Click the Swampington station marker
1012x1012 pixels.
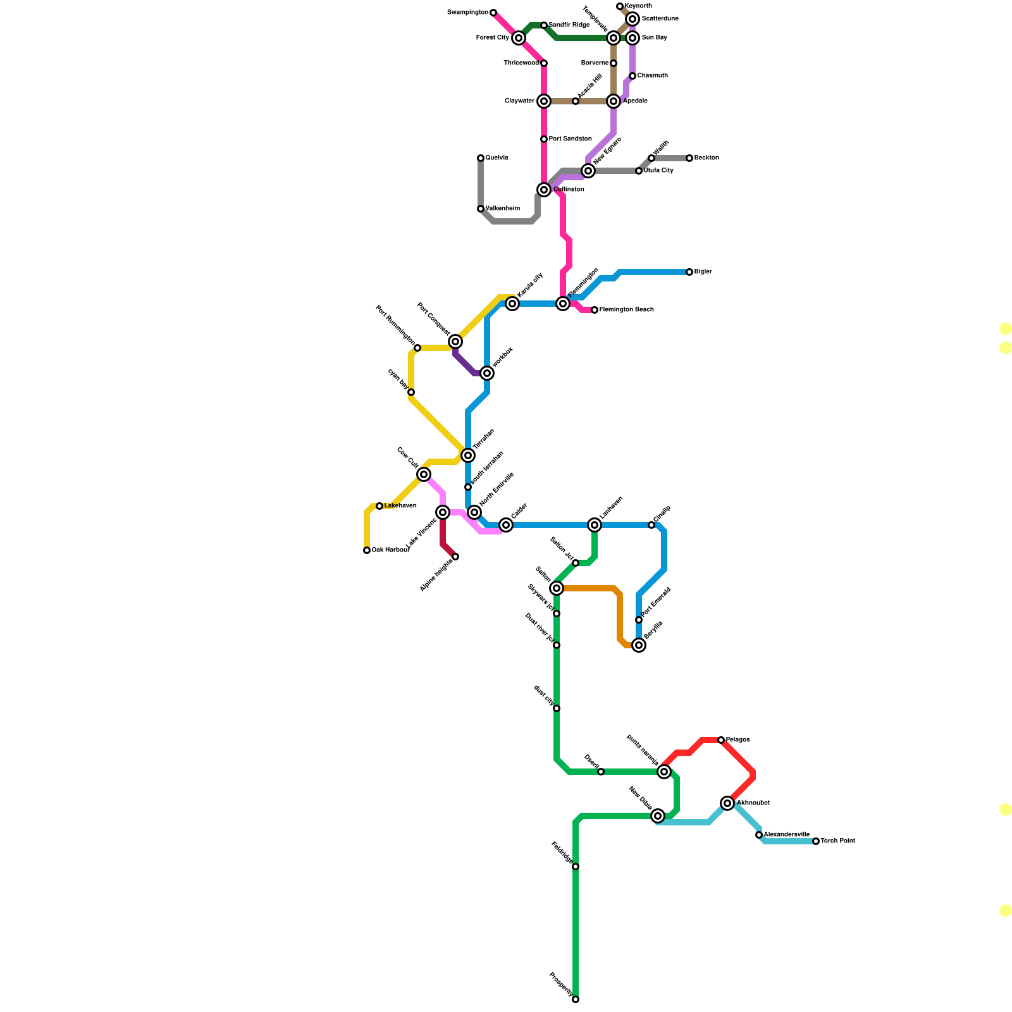493,13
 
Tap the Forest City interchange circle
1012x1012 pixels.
519,38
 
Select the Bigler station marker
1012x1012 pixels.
689,272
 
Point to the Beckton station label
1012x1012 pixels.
707,158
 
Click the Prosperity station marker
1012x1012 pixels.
576,999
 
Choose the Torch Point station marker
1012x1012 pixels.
816,841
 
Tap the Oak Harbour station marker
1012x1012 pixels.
367,550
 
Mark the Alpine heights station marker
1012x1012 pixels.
455,557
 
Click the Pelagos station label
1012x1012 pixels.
737,740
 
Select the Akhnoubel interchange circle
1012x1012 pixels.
727,803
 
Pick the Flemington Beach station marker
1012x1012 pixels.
595,310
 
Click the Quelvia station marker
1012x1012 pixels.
481,158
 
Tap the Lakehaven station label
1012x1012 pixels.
400,506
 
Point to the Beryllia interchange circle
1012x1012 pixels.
639,645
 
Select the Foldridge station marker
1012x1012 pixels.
576,867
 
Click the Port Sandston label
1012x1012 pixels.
570,139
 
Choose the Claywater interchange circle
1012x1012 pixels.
544,101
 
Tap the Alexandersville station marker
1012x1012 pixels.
759,835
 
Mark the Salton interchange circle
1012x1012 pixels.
557,588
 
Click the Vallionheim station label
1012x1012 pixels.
503,209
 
